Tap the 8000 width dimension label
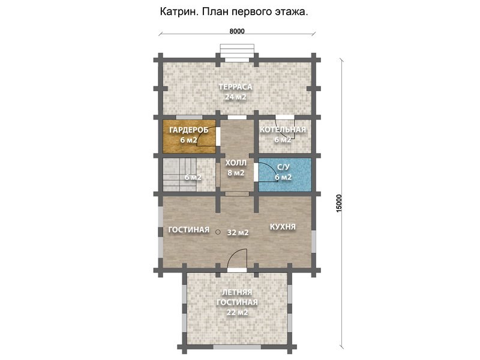click(237, 31)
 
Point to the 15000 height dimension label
click(339, 203)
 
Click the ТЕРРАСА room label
click(236, 87)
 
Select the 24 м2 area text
click(236, 97)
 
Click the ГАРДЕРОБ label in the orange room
click(189, 130)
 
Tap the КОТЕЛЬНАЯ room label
click(283, 130)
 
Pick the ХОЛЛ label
click(236, 163)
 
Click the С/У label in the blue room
click(283, 167)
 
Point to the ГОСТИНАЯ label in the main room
click(189, 230)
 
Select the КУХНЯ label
click(283, 227)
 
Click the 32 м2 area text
click(238, 233)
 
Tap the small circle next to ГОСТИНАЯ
click(218, 232)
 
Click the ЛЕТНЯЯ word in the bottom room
click(237, 292)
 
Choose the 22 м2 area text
click(237, 313)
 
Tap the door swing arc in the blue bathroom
click(271, 170)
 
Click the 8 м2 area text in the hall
click(236, 173)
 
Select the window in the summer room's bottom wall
click(237, 347)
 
